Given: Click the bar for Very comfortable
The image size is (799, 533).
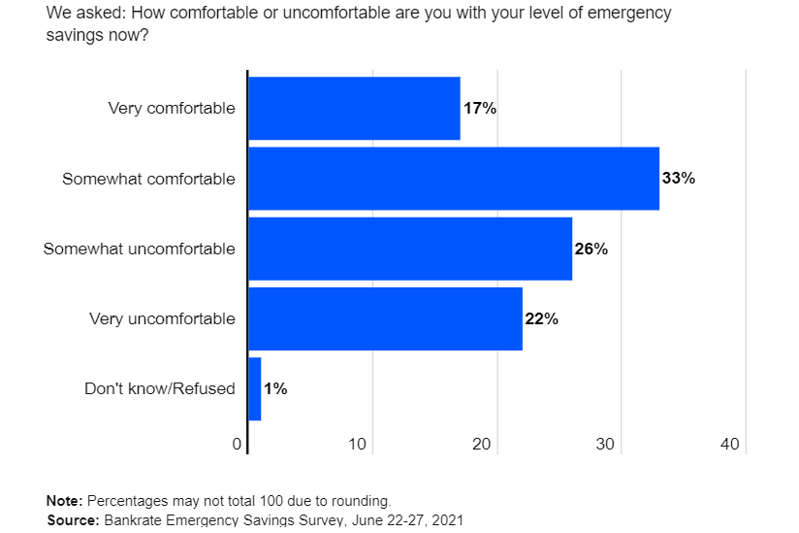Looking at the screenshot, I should (x=354, y=109).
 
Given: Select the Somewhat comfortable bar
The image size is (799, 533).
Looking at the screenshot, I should (x=454, y=179).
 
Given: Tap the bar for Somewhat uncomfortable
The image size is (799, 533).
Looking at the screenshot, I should (x=410, y=249).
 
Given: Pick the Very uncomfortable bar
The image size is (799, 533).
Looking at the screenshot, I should (x=385, y=318).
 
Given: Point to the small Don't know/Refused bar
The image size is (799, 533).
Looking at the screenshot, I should (x=255, y=388).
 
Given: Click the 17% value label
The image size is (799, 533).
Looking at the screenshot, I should (x=480, y=109).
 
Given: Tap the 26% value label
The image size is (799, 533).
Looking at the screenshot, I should (x=591, y=249).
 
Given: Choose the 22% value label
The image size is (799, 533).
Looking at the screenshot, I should (x=542, y=318).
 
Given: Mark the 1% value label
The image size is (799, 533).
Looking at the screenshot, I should (x=275, y=388).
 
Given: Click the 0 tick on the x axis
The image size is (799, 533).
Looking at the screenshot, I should (x=237, y=445).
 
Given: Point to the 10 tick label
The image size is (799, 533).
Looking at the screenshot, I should (x=358, y=445).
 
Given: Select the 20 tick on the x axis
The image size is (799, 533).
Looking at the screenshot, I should (x=482, y=445).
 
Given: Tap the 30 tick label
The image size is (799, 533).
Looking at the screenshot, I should (x=606, y=445).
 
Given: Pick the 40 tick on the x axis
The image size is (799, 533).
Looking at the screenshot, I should (x=730, y=445).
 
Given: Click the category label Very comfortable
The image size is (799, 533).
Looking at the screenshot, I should (x=172, y=109).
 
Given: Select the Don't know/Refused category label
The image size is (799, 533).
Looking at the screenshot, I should (x=160, y=388).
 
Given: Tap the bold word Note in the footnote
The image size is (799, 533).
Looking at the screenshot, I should (x=64, y=501).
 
